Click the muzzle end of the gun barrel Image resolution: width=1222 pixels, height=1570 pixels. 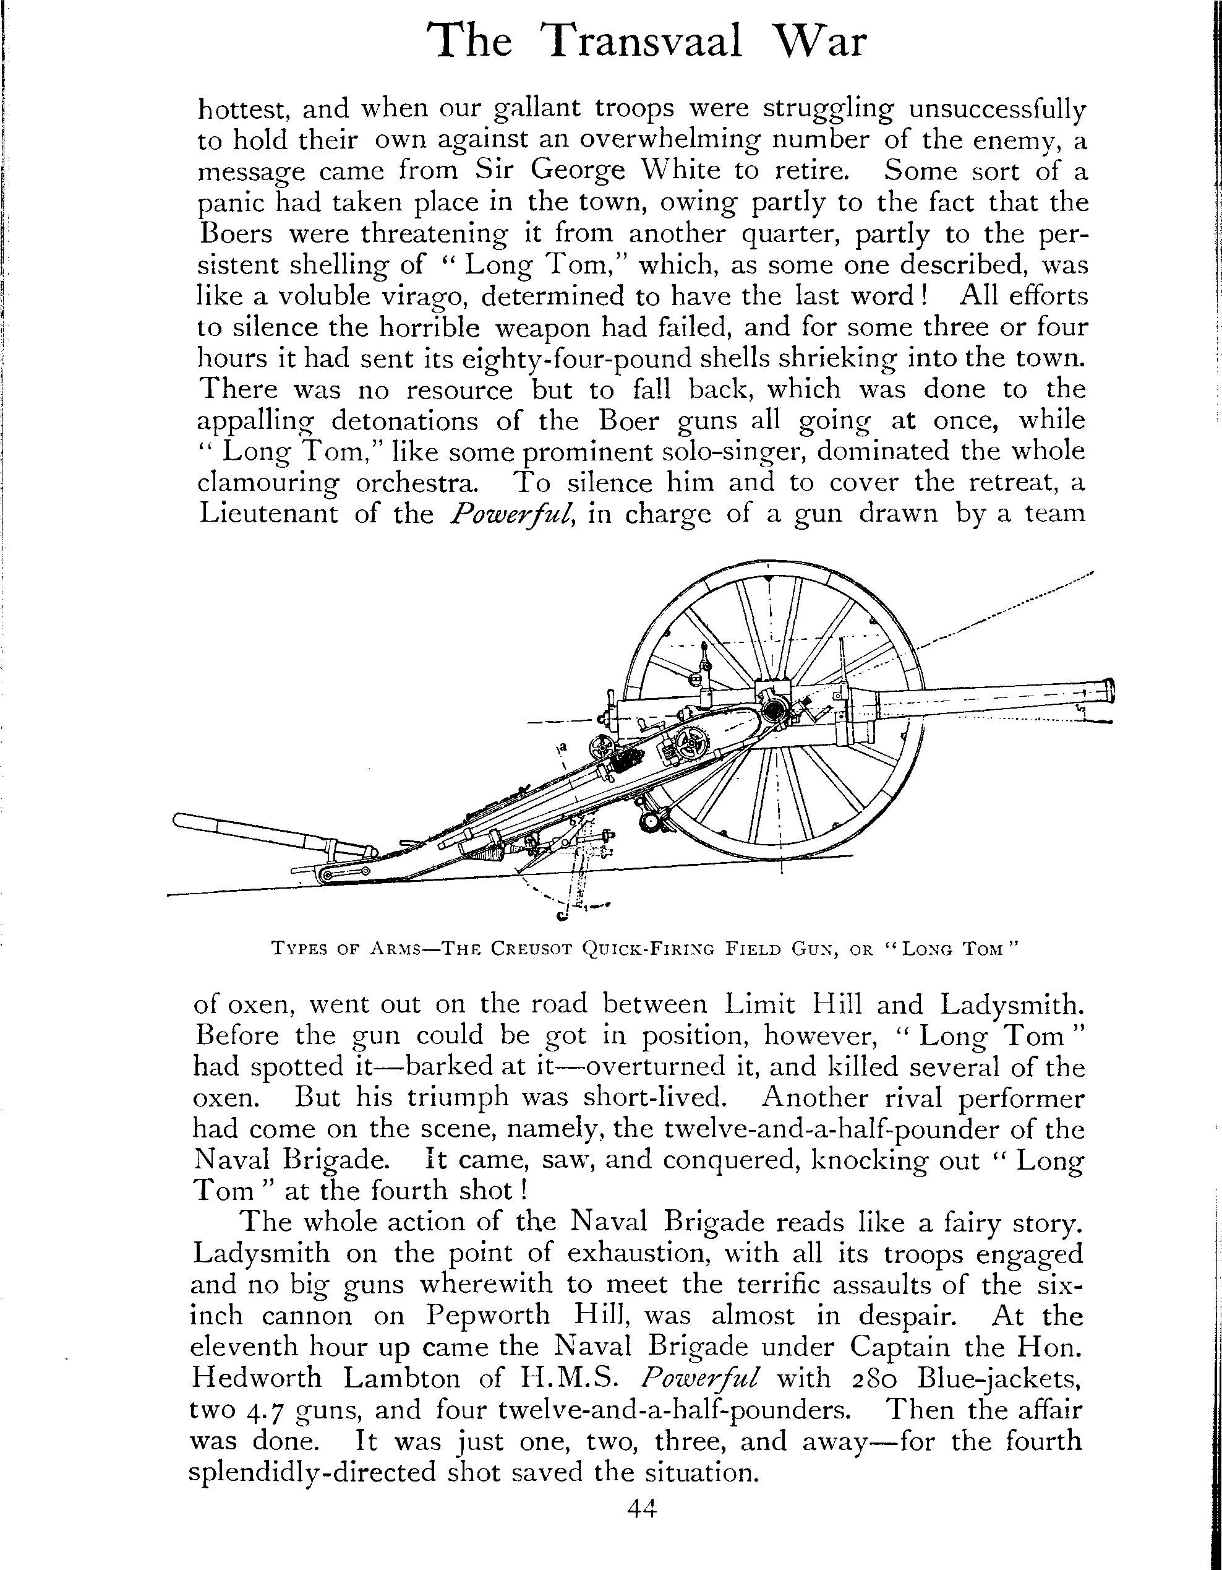click(x=1109, y=691)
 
